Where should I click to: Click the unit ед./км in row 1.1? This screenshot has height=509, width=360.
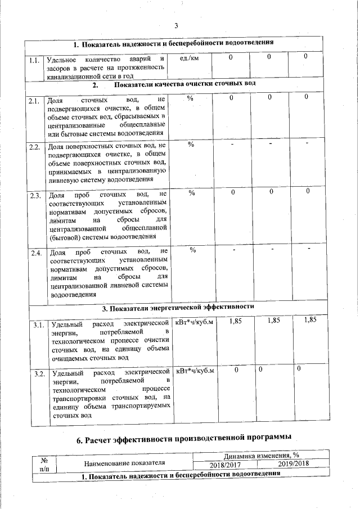point(187,58)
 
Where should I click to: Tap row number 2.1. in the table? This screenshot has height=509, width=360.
point(34,101)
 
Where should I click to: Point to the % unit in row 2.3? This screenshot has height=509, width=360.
point(191,193)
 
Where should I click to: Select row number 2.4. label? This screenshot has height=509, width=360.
point(36,253)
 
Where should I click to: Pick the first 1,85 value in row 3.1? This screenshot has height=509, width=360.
point(236,321)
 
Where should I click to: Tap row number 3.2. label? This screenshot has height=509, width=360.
point(39,374)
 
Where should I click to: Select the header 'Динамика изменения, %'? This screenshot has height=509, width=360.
point(260,456)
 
